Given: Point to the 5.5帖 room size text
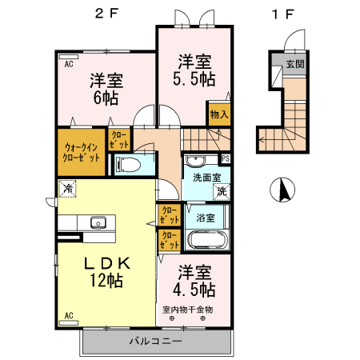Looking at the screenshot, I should [x=191, y=78].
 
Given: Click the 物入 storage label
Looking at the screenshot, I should [x=219, y=114].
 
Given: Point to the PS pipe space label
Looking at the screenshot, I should [x=226, y=158].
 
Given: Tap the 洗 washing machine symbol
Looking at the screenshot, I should [x=221, y=191].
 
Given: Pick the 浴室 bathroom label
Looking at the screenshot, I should [x=206, y=217].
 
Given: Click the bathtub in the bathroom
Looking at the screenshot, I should [x=206, y=240].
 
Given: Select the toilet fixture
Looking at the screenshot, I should [x=129, y=166].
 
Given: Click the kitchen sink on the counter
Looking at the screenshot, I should [x=99, y=222].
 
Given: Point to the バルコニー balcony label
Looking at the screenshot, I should [x=156, y=342].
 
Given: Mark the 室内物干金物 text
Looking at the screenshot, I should [x=188, y=309].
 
